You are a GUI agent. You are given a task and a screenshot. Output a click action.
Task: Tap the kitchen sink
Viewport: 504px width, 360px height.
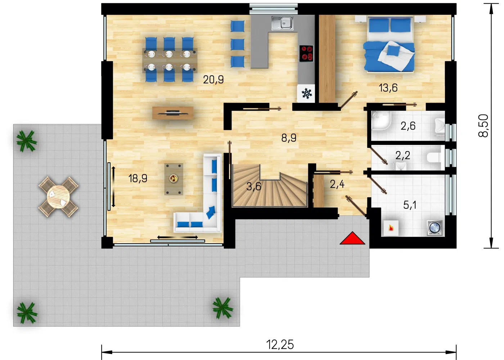(282, 23)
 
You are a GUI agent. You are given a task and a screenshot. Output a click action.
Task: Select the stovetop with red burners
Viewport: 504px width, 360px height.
(306, 53)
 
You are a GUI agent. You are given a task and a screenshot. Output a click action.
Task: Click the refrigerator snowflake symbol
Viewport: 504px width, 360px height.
(306, 93)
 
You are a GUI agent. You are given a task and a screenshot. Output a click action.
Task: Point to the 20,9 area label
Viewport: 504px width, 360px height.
(213, 80)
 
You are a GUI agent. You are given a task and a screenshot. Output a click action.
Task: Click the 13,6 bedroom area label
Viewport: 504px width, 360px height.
(388, 88)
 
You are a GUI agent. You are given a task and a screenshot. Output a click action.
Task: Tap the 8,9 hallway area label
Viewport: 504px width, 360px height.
(289, 138)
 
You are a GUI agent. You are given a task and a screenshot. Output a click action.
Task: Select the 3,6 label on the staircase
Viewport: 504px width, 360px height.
(253, 186)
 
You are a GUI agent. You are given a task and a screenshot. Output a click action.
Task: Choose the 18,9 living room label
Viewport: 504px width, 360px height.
(138, 179)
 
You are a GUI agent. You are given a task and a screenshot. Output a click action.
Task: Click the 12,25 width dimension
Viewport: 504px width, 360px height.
(280, 345)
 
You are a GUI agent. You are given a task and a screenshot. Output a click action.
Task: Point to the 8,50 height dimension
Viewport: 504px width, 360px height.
(483, 126)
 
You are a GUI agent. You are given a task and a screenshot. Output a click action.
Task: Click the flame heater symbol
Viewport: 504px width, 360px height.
(391, 228)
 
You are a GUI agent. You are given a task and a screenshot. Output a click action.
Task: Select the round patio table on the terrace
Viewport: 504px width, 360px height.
(58, 197)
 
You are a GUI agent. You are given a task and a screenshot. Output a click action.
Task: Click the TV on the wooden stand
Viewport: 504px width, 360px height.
(173, 112)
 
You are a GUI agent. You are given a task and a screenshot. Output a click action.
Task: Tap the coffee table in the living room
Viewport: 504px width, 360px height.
(174, 179)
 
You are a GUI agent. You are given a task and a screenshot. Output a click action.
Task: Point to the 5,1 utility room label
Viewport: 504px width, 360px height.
(410, 205)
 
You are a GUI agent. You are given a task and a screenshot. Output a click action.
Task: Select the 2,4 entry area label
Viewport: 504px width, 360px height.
(337, 184)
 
